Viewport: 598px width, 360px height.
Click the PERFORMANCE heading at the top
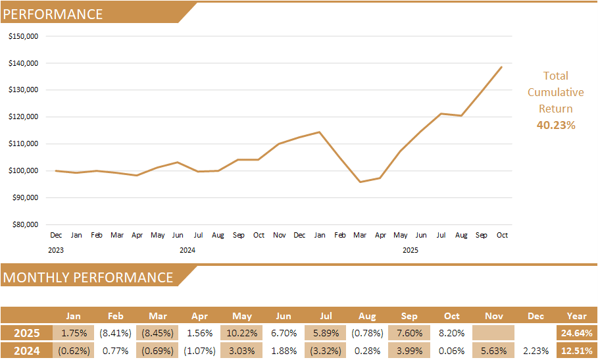(53, 14)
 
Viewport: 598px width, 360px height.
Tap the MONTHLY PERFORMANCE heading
(88, 278)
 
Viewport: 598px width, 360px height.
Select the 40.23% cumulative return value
(556, 125)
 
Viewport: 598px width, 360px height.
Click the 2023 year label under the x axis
(56, 250)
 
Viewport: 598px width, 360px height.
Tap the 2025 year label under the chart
(410, 250)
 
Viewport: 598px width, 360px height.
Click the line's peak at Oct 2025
(501, 66)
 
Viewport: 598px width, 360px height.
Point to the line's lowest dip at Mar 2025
(360, 182)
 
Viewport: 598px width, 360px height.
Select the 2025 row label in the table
(27, 333)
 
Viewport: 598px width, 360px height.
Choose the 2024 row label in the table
(27, 351)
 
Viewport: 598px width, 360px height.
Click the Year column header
(576, 316)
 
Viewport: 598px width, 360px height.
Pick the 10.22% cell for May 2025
(242, 333)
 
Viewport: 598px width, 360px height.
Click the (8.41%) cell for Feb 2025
(116, 333)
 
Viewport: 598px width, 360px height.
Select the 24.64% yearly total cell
(576, 333)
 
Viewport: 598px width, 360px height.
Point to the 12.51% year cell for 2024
(576, 351)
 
